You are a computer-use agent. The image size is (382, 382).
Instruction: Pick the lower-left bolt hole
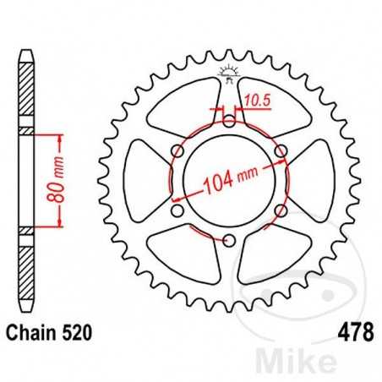coord(177,210)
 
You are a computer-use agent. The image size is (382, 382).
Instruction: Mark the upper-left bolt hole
coord(177,150)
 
